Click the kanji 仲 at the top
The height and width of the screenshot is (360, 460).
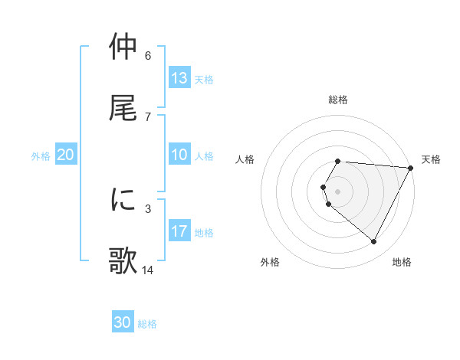[123, 47]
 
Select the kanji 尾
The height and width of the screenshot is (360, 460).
[123, 107]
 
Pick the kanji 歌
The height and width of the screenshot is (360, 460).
[123, 260]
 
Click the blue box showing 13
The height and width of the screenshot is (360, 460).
[179, 77]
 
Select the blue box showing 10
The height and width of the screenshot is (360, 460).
[179, 155]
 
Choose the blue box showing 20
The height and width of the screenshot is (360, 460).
[66, 155]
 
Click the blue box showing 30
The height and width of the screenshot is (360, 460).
[123, 322]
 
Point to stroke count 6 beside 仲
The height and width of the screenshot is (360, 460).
[148, 55]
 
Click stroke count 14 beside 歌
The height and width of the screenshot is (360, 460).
[148, 270]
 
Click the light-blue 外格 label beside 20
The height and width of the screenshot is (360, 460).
[41, 156]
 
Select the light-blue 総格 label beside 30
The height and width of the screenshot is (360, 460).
[147, 324]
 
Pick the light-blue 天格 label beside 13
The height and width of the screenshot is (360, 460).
[204, 79]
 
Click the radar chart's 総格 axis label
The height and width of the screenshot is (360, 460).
[338, 100]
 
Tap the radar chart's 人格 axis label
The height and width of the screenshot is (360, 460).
[245, 159]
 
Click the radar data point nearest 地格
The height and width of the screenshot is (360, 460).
[374, 242]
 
